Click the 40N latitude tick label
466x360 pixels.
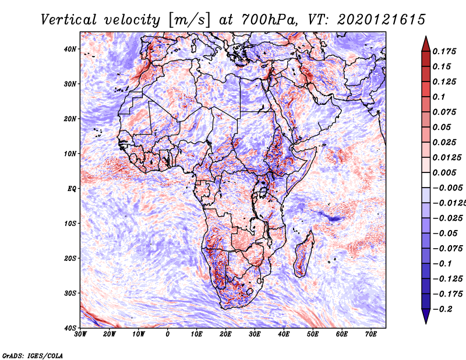click(70, 48)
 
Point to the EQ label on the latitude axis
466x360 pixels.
click(71, 188)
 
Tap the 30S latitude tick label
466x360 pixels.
click(70, 293)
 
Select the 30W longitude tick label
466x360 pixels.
click(80, 334)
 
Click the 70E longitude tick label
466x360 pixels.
click(370, 334)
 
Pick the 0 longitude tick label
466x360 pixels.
click(168, 334)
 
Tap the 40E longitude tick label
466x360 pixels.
click(284, 334)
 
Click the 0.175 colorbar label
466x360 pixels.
click(444, 51)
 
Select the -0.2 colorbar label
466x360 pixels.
click(443, 309)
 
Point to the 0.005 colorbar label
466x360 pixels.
click(444, 172)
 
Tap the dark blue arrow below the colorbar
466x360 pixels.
click(426, 317)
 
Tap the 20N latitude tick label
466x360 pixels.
click(70, 118)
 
